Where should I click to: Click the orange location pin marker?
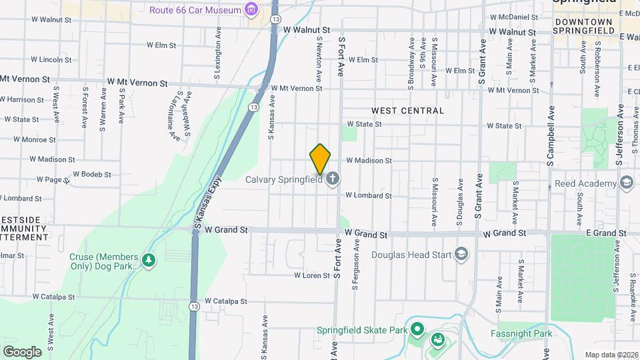coord(321,159)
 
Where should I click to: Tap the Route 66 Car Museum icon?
coord(251,9)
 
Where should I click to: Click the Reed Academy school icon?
coord(626,183)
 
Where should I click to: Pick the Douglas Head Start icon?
coord(461,254)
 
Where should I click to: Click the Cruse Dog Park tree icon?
coord(149,259)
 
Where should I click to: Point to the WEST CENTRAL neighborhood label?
coord(407,111)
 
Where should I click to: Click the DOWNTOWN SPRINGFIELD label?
coord(579,27)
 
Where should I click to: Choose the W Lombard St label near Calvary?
coord(368,195)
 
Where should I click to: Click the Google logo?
coord(22,351)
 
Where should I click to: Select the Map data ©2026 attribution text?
coord(611,355)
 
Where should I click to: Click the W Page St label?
coord(49,180)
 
